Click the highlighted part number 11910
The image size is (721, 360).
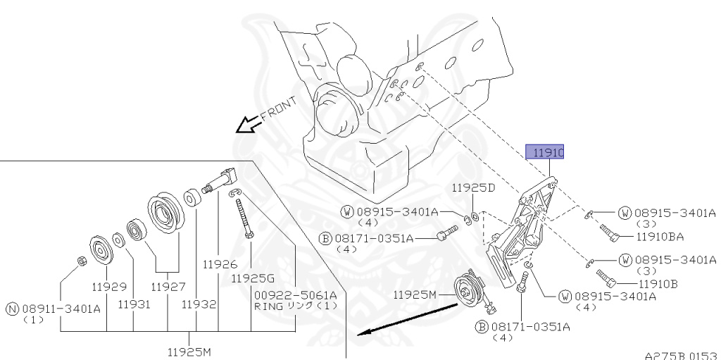(547, 152)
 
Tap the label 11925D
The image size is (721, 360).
(473, 188)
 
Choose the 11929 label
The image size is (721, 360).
(108, 287)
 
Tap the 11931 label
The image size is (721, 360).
(134, 304)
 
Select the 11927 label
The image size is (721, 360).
(168, 287)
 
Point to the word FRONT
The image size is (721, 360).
(279, 108)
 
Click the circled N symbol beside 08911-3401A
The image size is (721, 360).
(12, 308)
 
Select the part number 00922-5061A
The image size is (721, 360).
(296, 294)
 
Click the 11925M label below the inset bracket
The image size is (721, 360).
(189, 350)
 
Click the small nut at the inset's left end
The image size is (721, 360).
(80, 262)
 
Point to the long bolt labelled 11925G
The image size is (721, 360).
(244, 219)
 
